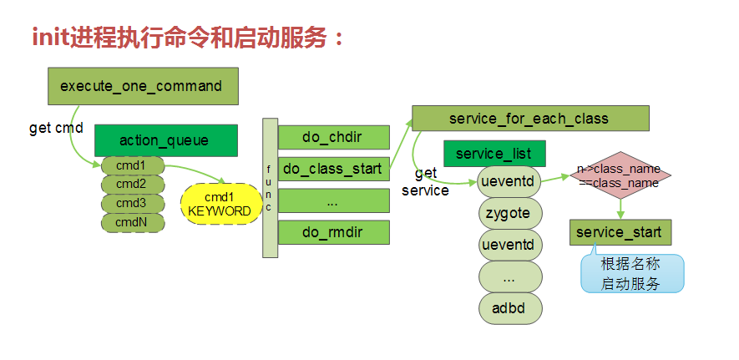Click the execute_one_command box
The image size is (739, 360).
coord(141,86)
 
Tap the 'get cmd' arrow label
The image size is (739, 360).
coord(56,129)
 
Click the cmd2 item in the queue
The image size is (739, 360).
coord(131,184)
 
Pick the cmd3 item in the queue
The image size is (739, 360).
coord(131,203)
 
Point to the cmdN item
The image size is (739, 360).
coord(131,222)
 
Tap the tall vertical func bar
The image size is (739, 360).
coord(269,188)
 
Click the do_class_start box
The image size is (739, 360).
coord(333,169)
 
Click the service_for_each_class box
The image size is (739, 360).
coord(529,119)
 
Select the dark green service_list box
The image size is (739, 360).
coord(494,154)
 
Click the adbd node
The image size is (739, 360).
coord(509,307)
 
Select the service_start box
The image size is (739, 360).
coord(620,232)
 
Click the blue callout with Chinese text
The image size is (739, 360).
coord(631,274)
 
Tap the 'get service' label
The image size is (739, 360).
coord(425,181)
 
